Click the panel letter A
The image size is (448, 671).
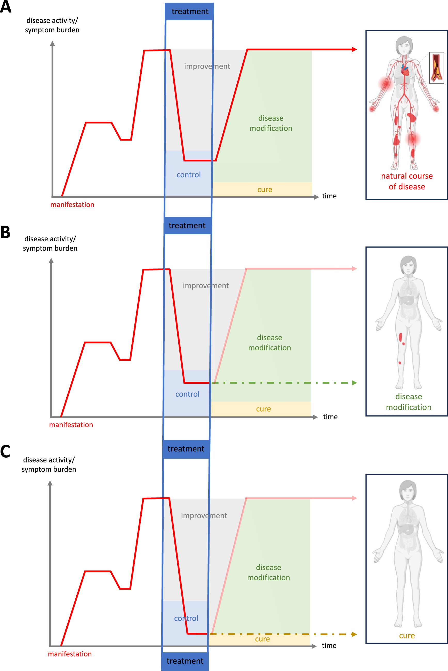tap(6, 7)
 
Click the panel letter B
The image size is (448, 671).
tap(5, 232)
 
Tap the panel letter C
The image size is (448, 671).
tap(5, 451)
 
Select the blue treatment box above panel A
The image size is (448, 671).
tap(189, 11)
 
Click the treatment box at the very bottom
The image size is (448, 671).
tap(185, 661)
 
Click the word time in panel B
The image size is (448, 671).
tap(330, 417)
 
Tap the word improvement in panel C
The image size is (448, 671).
tap(204, 516)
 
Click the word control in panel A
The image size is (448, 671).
tap(189, 175)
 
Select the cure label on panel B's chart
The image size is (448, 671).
tap(263, 409)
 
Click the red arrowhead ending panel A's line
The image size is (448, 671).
tap(355, 50)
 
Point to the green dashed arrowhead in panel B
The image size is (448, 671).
tap(355, 383)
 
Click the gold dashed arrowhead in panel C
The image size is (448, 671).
tap(354, 634)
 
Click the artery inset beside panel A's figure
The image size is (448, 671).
tap(437, 67)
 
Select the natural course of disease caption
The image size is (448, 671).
tap(407, 181)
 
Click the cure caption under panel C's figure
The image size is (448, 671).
tap(407, 636)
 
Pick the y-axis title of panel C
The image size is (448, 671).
tap(49, 465)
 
